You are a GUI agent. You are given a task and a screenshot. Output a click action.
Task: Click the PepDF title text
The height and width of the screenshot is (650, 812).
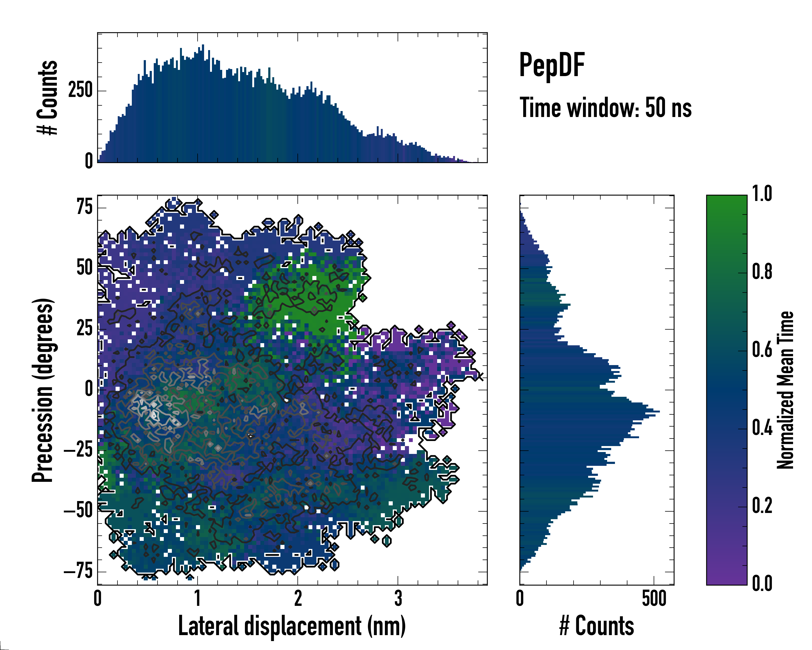[x=552, y=65]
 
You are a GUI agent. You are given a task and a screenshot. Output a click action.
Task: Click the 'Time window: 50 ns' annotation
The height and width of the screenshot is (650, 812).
[x=605, y=108]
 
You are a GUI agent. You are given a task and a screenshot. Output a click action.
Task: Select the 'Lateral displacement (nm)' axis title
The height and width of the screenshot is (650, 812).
[x=292, y=626]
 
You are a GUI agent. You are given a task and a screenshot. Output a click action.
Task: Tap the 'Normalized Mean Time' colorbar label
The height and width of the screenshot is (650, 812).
[x=785, y=390]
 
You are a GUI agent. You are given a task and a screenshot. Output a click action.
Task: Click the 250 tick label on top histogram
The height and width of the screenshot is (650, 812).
[x=80, y=90]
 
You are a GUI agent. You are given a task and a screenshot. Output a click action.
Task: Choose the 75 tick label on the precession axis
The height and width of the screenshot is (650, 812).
[x=84, y=207]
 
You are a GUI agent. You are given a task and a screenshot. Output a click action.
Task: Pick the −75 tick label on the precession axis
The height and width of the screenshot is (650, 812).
[x=78, y=572]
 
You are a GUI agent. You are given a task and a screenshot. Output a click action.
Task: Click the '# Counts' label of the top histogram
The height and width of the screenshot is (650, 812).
[x=47, y=97]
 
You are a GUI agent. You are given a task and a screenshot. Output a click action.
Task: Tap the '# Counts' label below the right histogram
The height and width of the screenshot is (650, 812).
[x=597, y=626]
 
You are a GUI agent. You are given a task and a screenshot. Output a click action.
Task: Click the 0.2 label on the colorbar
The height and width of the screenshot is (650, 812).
[x=762, y=506]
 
